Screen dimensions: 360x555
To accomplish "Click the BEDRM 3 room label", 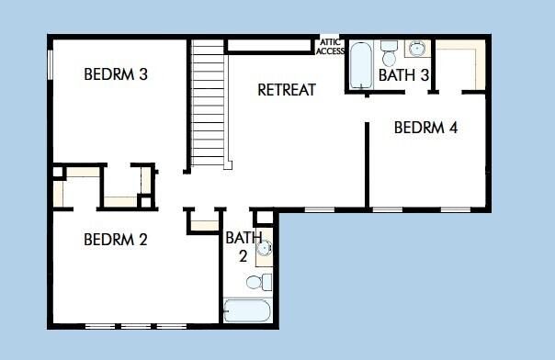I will point(116,75).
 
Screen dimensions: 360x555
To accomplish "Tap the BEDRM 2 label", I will point(116,241).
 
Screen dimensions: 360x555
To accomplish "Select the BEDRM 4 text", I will point(425,129).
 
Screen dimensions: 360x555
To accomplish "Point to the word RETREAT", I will point(287,90).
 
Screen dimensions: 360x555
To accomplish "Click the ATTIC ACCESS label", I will point(330,46).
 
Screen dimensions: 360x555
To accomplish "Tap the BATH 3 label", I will point(404,75).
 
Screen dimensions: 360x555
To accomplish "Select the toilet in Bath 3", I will point(389,47).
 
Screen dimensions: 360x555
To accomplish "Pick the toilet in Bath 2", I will point(265,281).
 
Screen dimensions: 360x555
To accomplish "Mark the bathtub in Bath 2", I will point(247,310).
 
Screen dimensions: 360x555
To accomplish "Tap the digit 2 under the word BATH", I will point(243,256).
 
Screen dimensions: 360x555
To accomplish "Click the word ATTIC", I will point(330,41).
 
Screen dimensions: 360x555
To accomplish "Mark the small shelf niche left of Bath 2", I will point(203,222).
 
